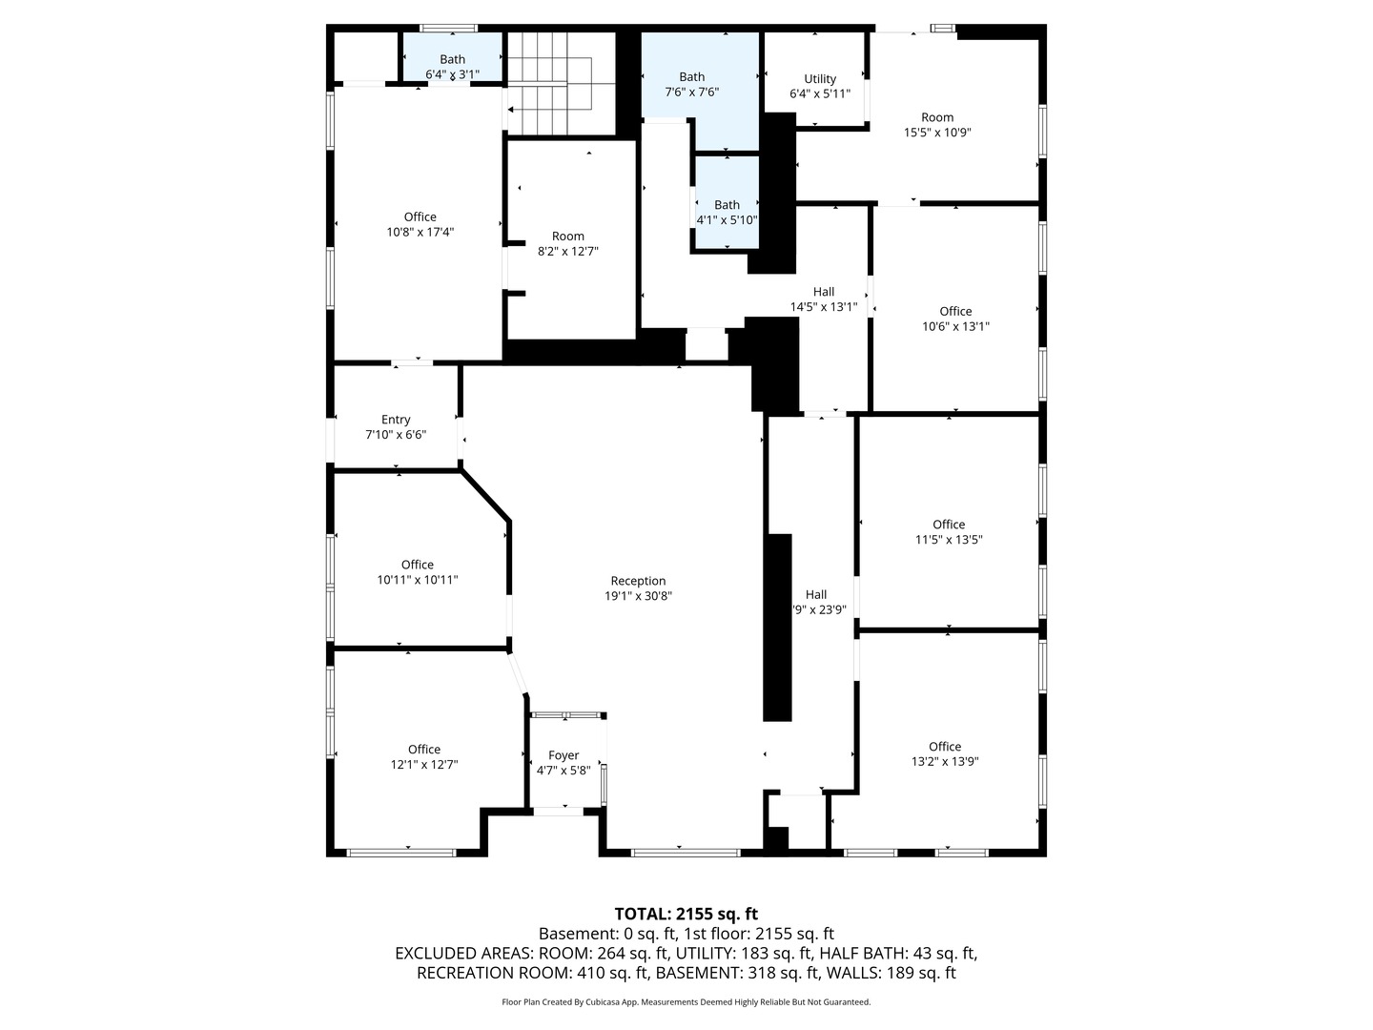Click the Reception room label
pyautogui.click(x=638, y=581)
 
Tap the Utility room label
pyautogui.click(x=819, y=79)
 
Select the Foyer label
pyautogui.click(x=563, y=754)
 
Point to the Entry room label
pyautogui.click(x=396, y=420)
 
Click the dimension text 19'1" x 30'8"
pyautogui.click(x=638, y=596)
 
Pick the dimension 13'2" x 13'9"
pyautogui.click(x=945, y=762)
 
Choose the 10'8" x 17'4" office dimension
pyautogui.click(x=420, y=232)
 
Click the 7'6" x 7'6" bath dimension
pyautogui.click(x=691, y=93)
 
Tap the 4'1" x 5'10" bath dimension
pyautogui.click(x=727, y=220)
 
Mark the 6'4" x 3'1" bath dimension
pyautogui.click(x=452, y=74)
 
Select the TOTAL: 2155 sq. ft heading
pyautogui.click(x=686, y=914)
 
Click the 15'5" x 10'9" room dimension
pyautogui.click(x=937, y=133)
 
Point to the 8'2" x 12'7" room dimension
pyautogui.click(x=568, y=252)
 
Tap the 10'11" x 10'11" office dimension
pyautogui.click(x=418, y=580)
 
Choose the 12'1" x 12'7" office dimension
pyautogui.click(x=424, y=764)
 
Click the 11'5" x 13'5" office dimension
pyautogui.click(x=949, y=540)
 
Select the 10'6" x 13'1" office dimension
pyautogui.click(x=955, y=326)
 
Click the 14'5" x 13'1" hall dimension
pyautogui.click(x=824, y=307)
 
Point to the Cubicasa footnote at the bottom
pyautogui.click(x=686, y=1001)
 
